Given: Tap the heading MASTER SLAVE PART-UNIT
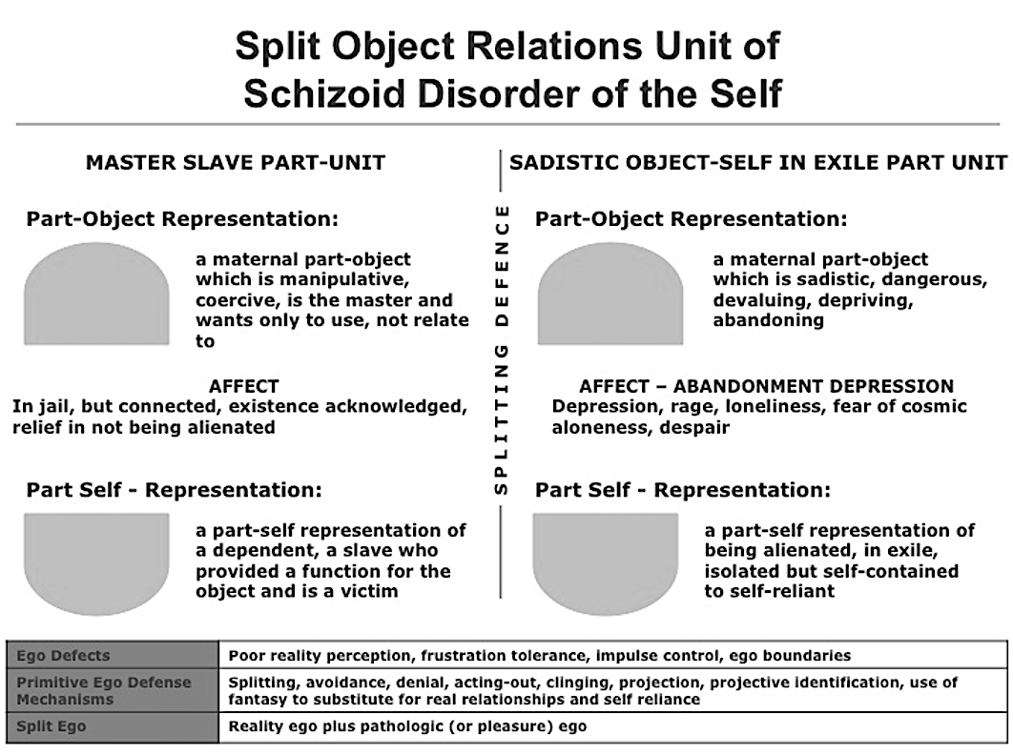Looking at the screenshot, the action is [x=236, y=162].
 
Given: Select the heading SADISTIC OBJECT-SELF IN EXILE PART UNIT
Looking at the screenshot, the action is [x=757, y=162].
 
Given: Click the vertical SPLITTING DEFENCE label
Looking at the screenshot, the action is [x=502, y=350].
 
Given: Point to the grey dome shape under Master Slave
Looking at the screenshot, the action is [x=97, y=294].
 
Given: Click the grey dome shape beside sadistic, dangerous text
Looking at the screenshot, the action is [x=610, y=294].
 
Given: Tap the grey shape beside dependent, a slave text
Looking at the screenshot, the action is [x=97, y=563].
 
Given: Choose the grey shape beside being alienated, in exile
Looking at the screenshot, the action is [x=606, y=563].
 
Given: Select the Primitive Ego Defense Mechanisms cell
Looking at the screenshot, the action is [x=114, y=690].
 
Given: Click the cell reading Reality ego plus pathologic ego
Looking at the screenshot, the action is [x=612, y=726].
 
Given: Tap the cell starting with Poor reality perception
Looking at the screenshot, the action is [x=612, y=655].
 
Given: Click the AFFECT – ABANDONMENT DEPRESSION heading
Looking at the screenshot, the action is [x=766, y=386].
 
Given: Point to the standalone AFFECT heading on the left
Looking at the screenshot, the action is [x=243, y=386].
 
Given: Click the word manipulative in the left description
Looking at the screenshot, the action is [x=344, y=279].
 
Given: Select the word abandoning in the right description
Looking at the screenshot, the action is [x=768, y=320].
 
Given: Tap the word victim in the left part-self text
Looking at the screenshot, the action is [x=369, y=591].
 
